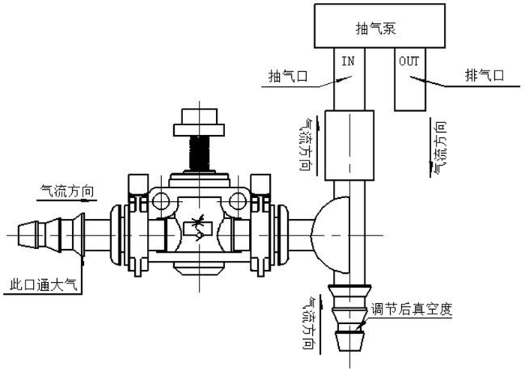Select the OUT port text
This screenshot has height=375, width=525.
(409, 61)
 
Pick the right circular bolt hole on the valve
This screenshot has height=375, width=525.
(238, 199)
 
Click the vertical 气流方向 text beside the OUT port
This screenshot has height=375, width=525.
(439, 146)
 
